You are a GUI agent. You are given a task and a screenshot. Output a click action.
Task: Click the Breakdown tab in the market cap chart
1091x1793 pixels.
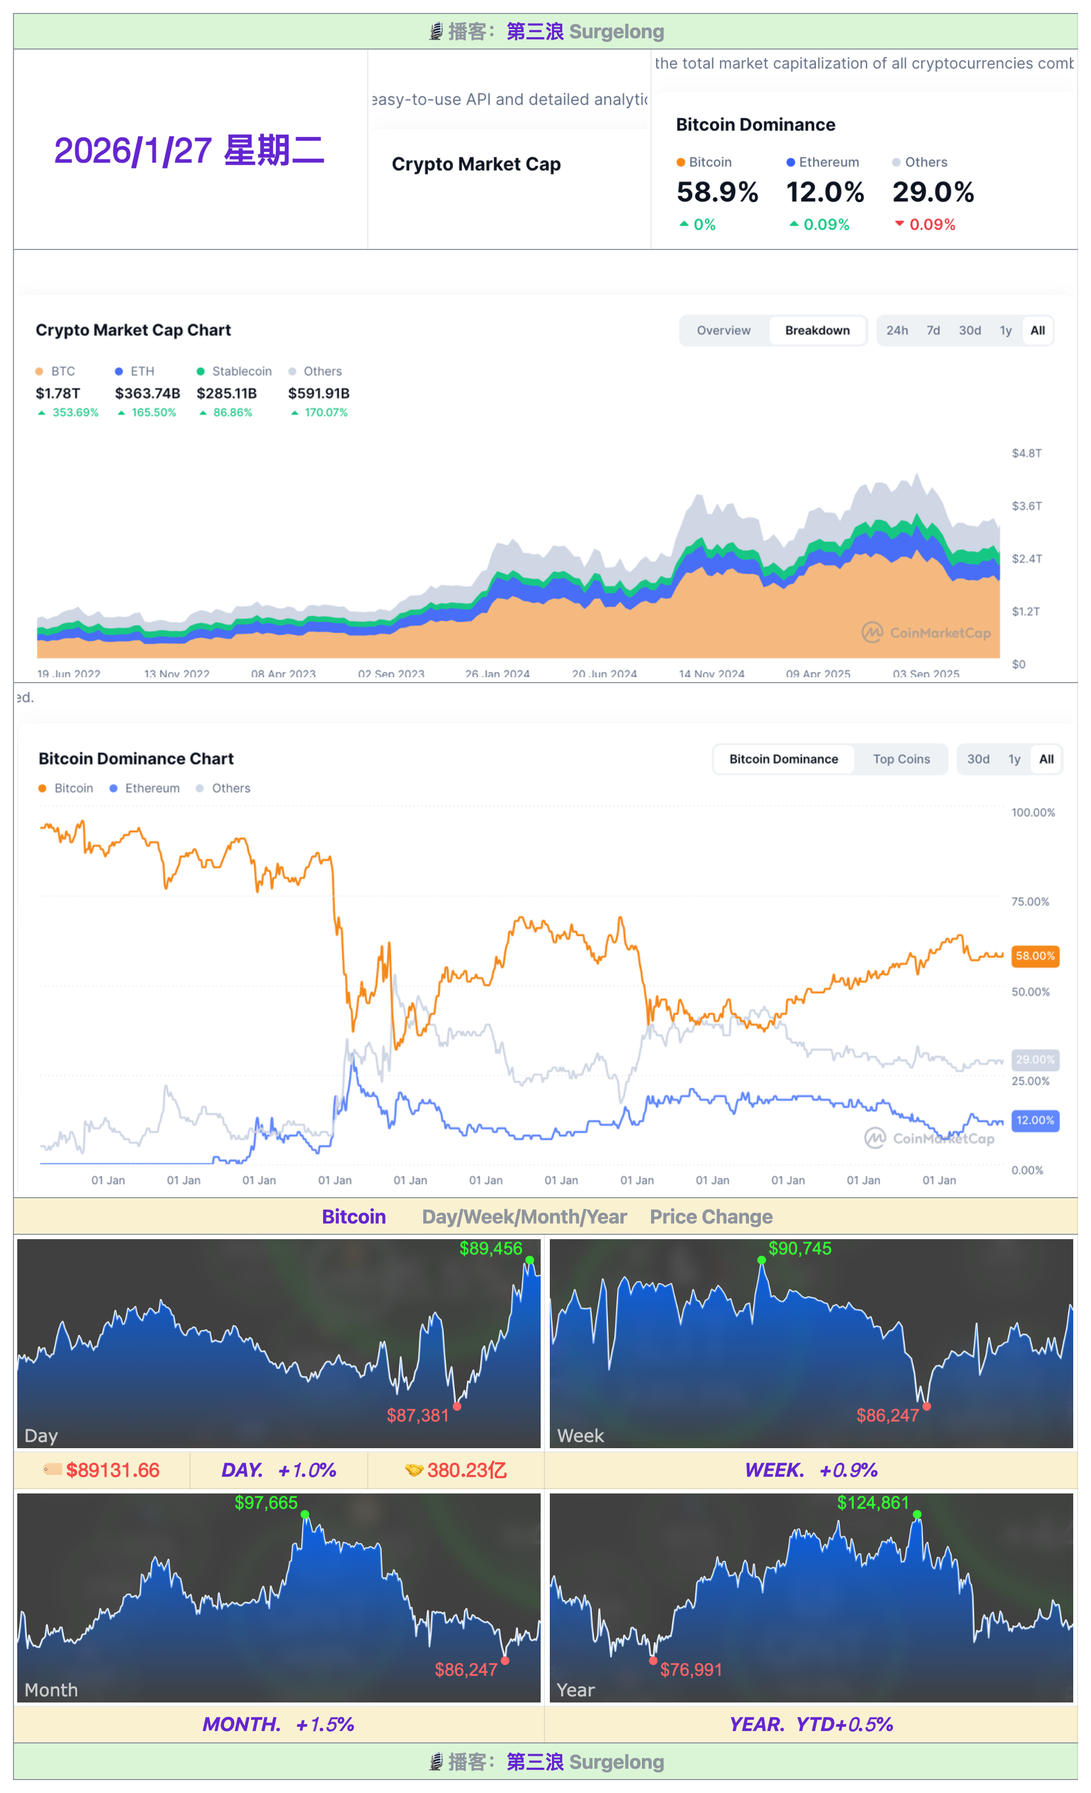click(817, 330)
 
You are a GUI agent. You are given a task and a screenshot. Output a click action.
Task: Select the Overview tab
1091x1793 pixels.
click(723, 330)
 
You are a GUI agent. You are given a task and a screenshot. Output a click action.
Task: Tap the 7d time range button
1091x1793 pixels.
click(933, 330)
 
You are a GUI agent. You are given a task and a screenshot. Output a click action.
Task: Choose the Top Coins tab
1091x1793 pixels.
click(901, 759)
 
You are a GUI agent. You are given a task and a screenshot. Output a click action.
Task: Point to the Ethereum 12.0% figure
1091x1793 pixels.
click(825, 192)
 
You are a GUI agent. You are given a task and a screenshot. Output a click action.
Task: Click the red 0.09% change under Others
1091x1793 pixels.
click(932, 225)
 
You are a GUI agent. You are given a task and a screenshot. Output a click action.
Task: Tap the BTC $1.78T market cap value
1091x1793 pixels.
click(58, 393)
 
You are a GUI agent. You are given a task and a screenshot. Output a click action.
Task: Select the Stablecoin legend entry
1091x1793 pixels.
click(234, 371)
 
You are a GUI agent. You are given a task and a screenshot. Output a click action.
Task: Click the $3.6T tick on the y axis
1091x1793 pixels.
click(1026, 506)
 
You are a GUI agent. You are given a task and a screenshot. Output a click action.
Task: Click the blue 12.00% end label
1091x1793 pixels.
click(1034, 1120)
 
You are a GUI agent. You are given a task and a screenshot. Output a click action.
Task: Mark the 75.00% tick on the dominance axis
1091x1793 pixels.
click(1030, 901)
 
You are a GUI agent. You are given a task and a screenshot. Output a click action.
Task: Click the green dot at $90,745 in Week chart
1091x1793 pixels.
click(761, 1260)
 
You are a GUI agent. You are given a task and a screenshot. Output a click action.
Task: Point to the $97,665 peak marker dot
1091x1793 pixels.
click(305, 1514)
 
